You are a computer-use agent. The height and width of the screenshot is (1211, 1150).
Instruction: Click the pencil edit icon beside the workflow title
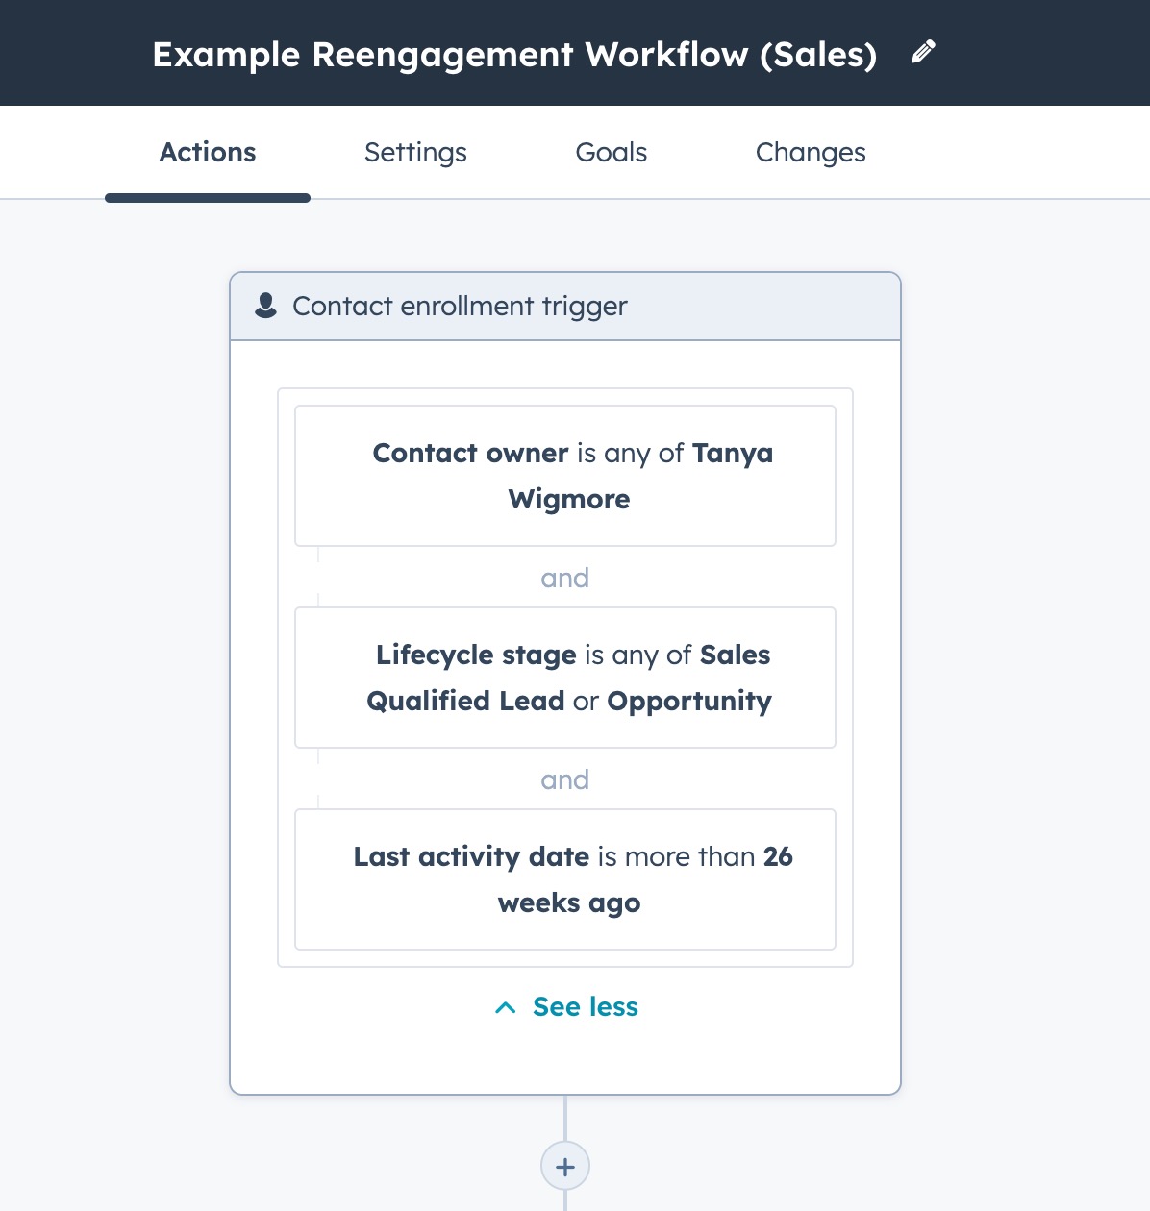point(923,52)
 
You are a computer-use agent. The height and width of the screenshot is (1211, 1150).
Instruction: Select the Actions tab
point(207,152)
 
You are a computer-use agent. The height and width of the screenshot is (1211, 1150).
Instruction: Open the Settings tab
point(415,153)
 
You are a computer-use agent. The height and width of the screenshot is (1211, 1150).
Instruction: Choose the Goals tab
point(611,152)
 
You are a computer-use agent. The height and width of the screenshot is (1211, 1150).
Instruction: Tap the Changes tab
point(811,153)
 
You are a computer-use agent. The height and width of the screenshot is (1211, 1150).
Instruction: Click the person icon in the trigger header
point(265,306)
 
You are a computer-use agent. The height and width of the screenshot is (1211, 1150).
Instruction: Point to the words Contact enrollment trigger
point(460,307)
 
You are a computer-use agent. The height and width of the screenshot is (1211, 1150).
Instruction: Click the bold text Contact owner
point(470,454)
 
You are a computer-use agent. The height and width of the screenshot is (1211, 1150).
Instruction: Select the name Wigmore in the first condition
point(569,500)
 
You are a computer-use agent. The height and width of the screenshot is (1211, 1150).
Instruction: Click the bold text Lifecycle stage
point(476,655)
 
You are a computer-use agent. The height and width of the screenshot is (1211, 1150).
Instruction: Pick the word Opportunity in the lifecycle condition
point(689,702)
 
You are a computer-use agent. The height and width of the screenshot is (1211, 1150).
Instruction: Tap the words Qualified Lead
point(465,702)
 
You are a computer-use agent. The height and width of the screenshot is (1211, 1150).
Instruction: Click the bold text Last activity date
point(471,857)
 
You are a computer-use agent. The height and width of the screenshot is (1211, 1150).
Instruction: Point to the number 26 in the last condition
point(778,856)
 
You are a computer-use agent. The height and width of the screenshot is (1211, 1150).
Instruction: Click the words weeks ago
point(569,903)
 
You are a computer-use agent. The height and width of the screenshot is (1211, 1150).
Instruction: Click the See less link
point(585,1007)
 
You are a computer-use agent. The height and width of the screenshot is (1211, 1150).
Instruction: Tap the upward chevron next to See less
point(506,1008)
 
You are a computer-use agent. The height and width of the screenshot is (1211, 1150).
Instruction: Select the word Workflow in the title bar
point(666,54)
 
